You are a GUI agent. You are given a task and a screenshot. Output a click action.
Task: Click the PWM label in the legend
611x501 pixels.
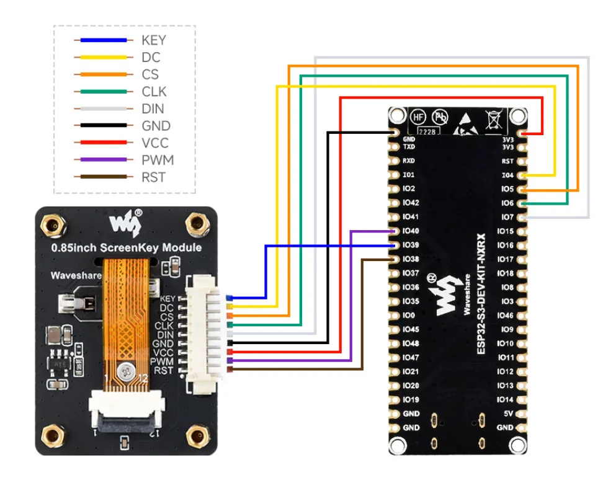pyautogui.click(x=158, y=160)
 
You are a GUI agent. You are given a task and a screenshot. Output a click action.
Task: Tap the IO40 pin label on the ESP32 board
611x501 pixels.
pyautogui.click(x=411, y=231)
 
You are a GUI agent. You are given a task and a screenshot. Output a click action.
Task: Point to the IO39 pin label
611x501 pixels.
pyautogui.click(x=411, y=246)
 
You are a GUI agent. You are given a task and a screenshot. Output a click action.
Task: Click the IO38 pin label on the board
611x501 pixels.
pyautogui.click(x=411, y=259)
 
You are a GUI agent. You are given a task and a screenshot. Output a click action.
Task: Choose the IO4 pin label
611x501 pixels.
pyautogui.click(x=507, y=175)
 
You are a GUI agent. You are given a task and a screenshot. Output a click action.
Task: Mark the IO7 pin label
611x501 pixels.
pyautogui.click(x=507, y=217)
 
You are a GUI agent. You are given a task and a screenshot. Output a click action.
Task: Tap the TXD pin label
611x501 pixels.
pyautogui.click(x=409, y=148)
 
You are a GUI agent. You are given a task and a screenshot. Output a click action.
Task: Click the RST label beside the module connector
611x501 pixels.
pyautogui.click(x=164, y=370)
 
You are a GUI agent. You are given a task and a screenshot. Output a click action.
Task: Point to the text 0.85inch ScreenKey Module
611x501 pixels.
pyautogui.click(x=127, y=247)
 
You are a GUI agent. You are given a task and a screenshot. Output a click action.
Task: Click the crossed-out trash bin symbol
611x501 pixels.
pyautogui.click(x=494, y=120)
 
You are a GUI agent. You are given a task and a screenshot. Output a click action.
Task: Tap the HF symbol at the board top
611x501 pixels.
pyautogui.click(x=419, y=117)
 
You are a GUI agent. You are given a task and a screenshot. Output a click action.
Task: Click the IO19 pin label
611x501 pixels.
pyautogui.click(x=411, y=399)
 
